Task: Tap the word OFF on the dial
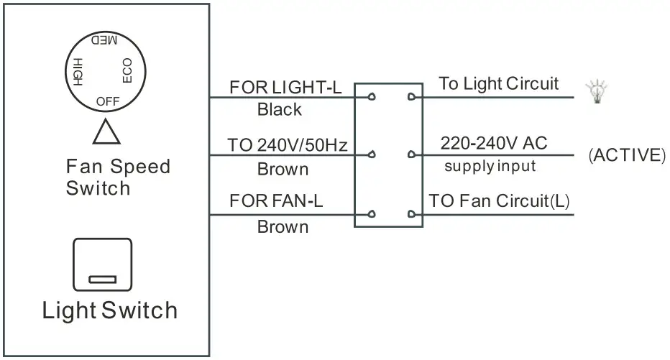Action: tap(107, 101)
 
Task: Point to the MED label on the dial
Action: tap(104, 41)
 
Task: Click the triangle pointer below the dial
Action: tap(106, 134)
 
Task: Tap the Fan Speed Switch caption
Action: tap(118, 177)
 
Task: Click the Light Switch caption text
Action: tap(109, 310)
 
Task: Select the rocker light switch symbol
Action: tap(104, 264)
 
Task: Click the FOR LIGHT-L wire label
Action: tap(285, 88)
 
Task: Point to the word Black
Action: tap(280, 111)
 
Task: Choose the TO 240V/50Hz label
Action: tap(288, 146)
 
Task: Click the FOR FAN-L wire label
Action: tap(276, 200)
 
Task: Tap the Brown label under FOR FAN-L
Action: tap(283, 227)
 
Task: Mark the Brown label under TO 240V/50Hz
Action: tap(283, 170)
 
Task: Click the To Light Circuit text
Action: tap(498, 83)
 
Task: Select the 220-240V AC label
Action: tap(493, 143)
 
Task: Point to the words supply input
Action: tap(490, 167)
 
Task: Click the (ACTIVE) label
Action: tap(627, 155)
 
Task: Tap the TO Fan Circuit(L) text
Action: tap(499, 200)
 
